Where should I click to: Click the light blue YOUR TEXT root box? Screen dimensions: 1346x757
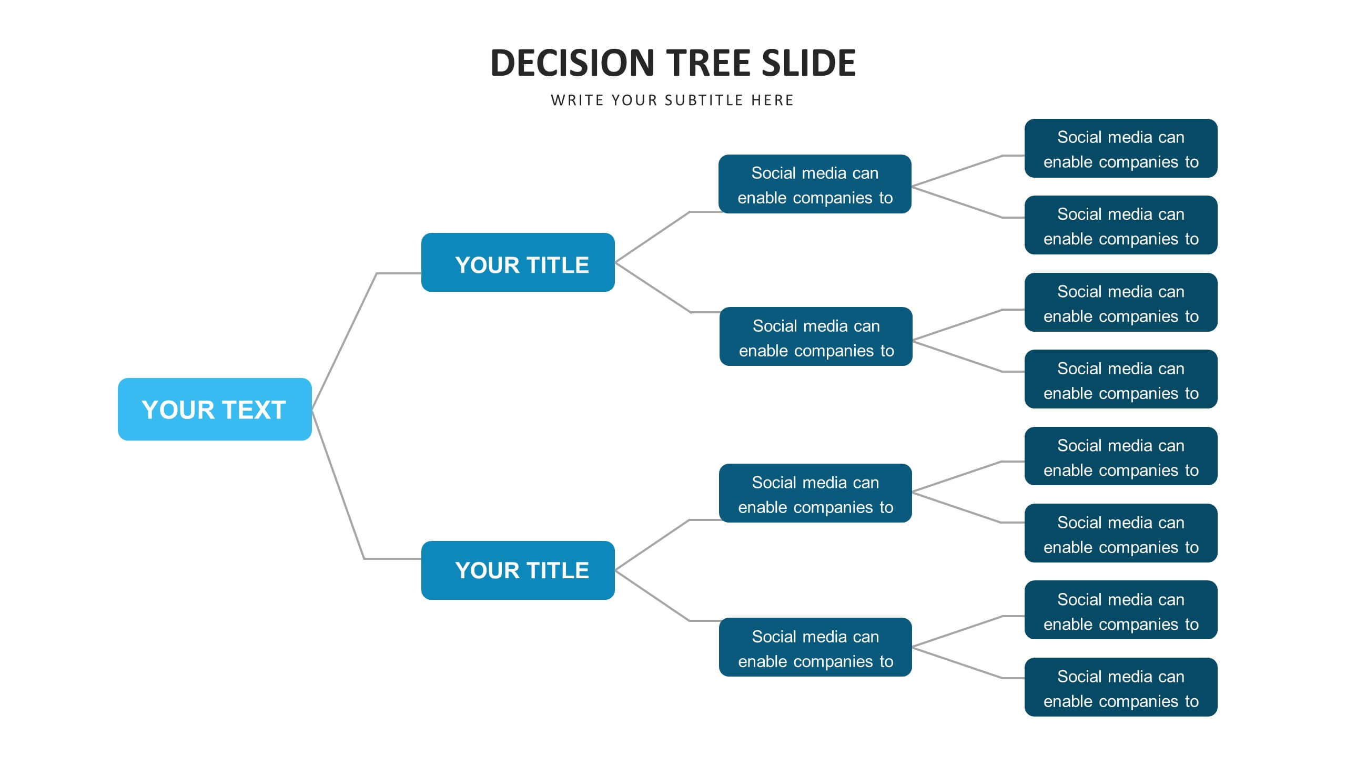pyautogui.click(x=215, y=409)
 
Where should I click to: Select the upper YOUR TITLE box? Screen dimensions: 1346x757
pyautogui.click(x=518, y=262)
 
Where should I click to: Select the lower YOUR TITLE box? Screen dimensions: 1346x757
pyautogui.click(x=518, y=570)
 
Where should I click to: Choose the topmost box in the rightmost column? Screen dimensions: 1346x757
pyautogui.click(x=1121, y=148)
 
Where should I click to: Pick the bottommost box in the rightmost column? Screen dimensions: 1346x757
pyautogui.click(x=1121, y=687)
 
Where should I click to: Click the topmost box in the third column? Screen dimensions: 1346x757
pyautogui.click(x=815, y=184)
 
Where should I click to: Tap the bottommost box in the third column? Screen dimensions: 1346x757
pyautogui.click(x=815, y=647)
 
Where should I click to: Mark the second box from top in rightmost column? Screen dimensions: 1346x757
pyautogui.click(x=1121, y=225)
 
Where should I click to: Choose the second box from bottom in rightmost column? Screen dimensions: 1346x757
pyautogui.click(x=1121, y=610)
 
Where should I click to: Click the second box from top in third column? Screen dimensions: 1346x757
pyautogui.click(x=816, y=336)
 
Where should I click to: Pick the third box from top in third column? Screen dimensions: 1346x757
pyautogui.click(x=815, y=493)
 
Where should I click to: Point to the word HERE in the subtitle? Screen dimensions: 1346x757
pyautogui.click(x=772, y=100)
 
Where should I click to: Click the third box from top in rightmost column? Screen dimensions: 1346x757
pyautogui.click(x=1121, y=302)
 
